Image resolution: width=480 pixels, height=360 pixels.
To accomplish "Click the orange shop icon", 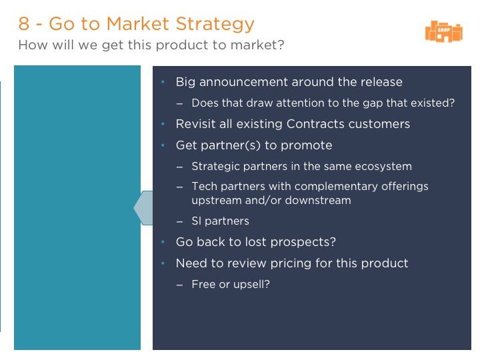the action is (444, 31).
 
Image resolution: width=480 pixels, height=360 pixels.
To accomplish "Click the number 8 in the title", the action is (24, 23).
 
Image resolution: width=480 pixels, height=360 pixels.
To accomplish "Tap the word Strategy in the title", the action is (215, 24).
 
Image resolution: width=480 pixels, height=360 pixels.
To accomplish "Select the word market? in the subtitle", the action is (257, 45).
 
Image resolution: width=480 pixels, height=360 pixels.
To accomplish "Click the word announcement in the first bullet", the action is (243, 82).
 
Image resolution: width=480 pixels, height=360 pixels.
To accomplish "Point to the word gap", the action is (373, 103).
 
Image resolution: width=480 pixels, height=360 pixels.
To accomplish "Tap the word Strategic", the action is (215, 167).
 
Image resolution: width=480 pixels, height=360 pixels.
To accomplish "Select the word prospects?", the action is (303, 242).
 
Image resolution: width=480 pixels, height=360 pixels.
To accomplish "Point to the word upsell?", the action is (251, 285).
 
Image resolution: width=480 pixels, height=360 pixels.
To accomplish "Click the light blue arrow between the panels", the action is (143, 208).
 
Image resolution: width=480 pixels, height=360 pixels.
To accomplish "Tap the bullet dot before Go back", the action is (163, 242).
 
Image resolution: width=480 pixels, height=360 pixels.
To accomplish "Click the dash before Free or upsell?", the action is (180, 285).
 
